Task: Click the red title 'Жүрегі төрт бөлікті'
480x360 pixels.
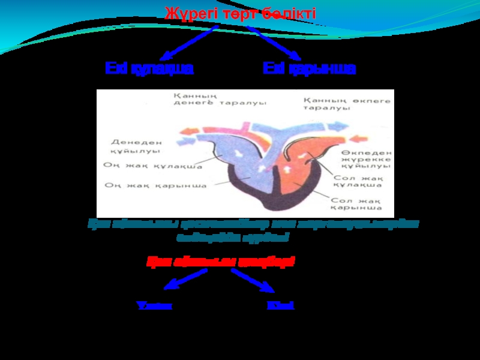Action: click(240, 13)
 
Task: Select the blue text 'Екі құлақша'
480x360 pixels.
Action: click(149, 68)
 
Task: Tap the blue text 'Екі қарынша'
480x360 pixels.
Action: click(309, 68)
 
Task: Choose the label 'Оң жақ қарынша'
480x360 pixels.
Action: click(155, 185)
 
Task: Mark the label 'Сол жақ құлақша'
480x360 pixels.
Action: click(358, 183)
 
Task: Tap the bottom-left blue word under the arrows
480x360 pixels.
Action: click(155, 305)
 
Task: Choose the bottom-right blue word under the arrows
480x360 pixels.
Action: click(280, 305)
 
